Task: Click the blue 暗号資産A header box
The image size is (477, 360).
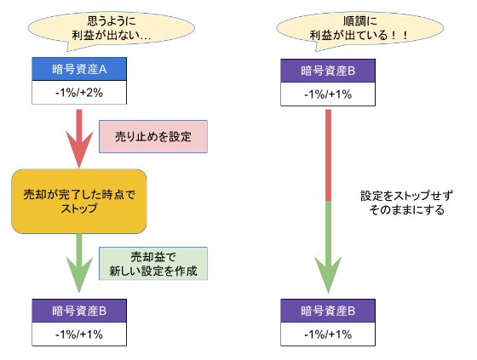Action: coord(79,69)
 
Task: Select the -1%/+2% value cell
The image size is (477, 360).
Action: coord(79,93)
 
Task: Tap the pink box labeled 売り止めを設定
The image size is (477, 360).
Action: coord(153,136)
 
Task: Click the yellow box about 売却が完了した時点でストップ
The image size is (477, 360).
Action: coord(79,202)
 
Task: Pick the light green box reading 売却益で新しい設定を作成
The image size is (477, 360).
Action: coord(153,263)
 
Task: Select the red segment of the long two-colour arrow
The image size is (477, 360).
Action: coord(328,155)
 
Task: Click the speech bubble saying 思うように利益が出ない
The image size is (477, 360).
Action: coord(112,31)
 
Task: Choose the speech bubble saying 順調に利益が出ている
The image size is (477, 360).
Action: coord(359,31)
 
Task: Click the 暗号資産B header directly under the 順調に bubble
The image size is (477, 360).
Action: coord(328,71)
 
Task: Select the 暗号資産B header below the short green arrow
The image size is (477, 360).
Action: coord(79,311)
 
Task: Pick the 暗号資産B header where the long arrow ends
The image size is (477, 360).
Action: coord(328,311)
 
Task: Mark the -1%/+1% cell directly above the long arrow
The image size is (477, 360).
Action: coord(328,94)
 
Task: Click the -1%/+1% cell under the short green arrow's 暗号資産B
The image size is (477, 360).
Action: coord(79,334)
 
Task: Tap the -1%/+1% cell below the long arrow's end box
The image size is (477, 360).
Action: coord(328,334)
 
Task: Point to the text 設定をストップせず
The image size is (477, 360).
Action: coord(407,196)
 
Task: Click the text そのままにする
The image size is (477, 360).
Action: coord(407,210)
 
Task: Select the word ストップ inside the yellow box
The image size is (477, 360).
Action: coord(79,209)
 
